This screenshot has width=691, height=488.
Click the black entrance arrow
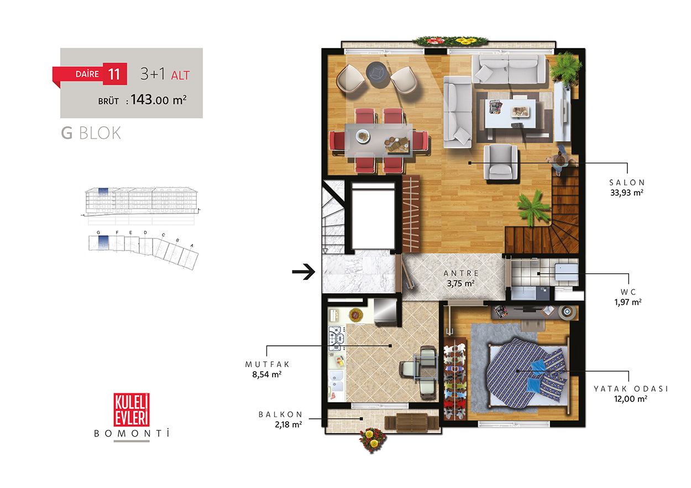[x=303, y=272]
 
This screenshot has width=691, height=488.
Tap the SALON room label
[x=627, y=183]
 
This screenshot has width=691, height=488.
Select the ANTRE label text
[x=461, y=273]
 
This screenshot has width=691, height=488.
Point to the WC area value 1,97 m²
[x=628, y=302]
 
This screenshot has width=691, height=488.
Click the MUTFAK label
[x=267, y=364]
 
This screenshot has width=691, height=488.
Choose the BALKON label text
[x=280, y=414]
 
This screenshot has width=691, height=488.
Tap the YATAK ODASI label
[x=631, y=388]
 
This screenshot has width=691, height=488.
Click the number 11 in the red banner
[x=114, y=74]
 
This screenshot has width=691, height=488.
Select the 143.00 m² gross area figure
[x=158, y=100]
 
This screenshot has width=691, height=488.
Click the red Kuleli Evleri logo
[x=132, y=409]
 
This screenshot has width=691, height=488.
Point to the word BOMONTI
[x=132, y=433]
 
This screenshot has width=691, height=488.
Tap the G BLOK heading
[x=91, y=133]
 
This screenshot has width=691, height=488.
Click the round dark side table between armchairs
[x=376, y=72]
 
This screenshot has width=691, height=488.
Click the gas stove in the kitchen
[x=337, y=338]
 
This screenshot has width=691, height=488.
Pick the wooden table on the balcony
[x=412, y=422]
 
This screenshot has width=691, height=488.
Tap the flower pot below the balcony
[x=373, y=439]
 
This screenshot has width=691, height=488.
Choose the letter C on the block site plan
[x=163, y=235]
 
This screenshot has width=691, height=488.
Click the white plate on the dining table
[x=363, y=136]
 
